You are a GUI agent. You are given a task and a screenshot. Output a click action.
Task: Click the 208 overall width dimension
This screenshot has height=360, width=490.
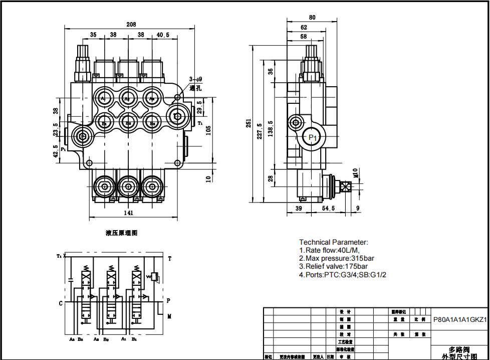131,25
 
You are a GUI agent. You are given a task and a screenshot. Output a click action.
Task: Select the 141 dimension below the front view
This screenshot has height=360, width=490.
128,213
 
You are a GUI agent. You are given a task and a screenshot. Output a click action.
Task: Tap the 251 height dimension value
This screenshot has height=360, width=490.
249,123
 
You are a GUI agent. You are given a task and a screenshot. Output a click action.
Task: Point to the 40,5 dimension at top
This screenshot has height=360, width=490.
163,35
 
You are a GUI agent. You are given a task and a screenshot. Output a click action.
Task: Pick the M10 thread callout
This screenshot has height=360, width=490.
355,173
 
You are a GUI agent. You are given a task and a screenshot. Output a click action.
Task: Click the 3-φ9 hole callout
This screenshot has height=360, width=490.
195,79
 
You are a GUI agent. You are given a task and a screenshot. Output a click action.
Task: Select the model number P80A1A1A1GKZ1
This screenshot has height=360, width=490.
459,319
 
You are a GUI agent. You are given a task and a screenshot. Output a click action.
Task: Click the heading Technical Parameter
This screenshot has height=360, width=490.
333,242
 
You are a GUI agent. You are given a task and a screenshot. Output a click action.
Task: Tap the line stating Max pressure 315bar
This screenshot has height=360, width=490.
337,258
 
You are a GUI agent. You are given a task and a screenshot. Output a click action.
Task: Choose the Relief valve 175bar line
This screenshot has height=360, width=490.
333,266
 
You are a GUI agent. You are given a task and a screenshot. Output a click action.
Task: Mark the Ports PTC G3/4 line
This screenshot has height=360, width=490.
343,275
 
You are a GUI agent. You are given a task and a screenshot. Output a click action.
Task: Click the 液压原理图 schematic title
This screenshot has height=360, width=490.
121,233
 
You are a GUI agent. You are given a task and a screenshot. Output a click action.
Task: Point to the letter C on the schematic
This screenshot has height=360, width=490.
61,303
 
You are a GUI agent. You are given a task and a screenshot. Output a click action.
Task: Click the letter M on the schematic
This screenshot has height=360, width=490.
169,316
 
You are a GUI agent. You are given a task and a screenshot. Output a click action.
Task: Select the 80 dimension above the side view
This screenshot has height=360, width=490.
312,18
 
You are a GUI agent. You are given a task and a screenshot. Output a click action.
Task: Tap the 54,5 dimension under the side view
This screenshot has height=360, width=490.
328,208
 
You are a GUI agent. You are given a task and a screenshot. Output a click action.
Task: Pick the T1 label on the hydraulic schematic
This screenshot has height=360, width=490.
59,256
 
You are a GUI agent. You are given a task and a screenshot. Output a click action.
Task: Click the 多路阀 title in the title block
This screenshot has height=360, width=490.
459,349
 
